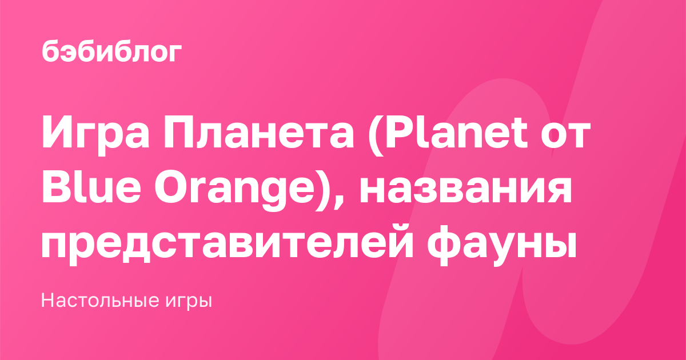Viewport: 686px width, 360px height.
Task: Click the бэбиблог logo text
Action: [112, 51]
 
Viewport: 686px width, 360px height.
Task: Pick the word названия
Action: [465, 191]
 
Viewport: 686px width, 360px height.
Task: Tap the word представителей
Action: [227, 246]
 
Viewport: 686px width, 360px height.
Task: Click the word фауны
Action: [502, 246]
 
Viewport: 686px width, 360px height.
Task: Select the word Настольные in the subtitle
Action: [100, 300]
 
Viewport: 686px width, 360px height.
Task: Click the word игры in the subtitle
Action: [189, 302]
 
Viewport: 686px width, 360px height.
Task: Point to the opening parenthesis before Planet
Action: [376, 135]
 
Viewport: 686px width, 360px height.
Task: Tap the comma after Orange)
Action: [338, 203]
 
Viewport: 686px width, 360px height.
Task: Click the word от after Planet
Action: [565, 136]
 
